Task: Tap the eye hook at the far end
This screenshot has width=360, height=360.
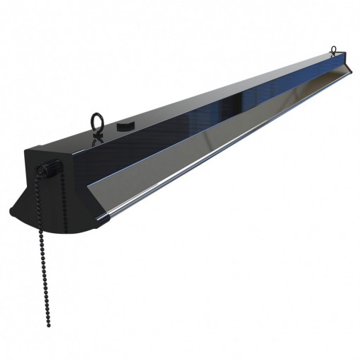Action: (333, 50)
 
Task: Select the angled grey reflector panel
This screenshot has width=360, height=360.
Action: (213, 142)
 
